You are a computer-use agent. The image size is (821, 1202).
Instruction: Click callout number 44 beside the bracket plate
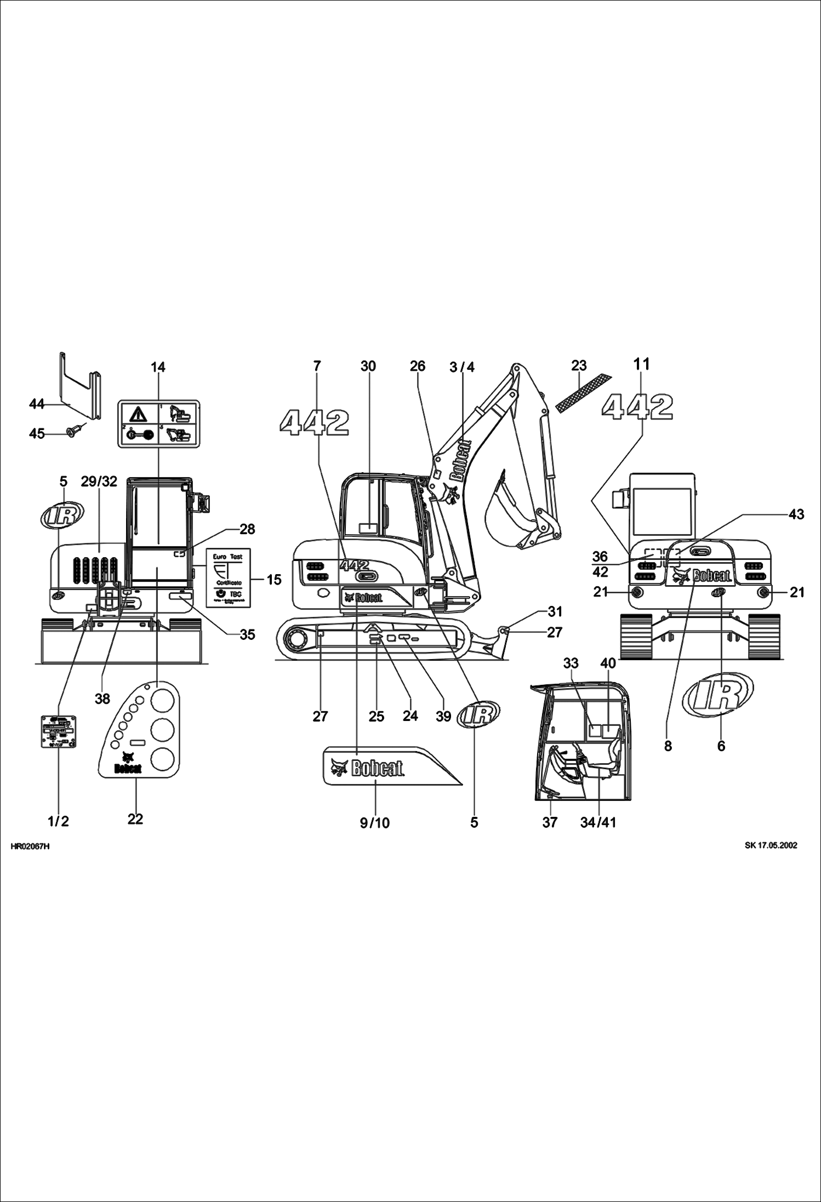click(37, 404)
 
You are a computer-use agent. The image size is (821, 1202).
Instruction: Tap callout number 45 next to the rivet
click(37, 433)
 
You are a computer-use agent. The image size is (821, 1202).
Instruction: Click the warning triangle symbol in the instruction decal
click(138, 414)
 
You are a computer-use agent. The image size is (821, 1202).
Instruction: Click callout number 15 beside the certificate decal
click(273, 579)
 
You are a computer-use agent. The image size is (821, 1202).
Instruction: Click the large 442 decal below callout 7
click(314, 422)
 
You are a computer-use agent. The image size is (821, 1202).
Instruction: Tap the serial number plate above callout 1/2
click(59, 731)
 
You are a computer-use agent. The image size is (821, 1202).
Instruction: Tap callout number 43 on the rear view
click(796, 514)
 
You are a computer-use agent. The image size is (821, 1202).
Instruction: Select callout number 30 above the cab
click(368, 366)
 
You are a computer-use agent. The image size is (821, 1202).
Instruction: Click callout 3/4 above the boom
click(461, 367)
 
